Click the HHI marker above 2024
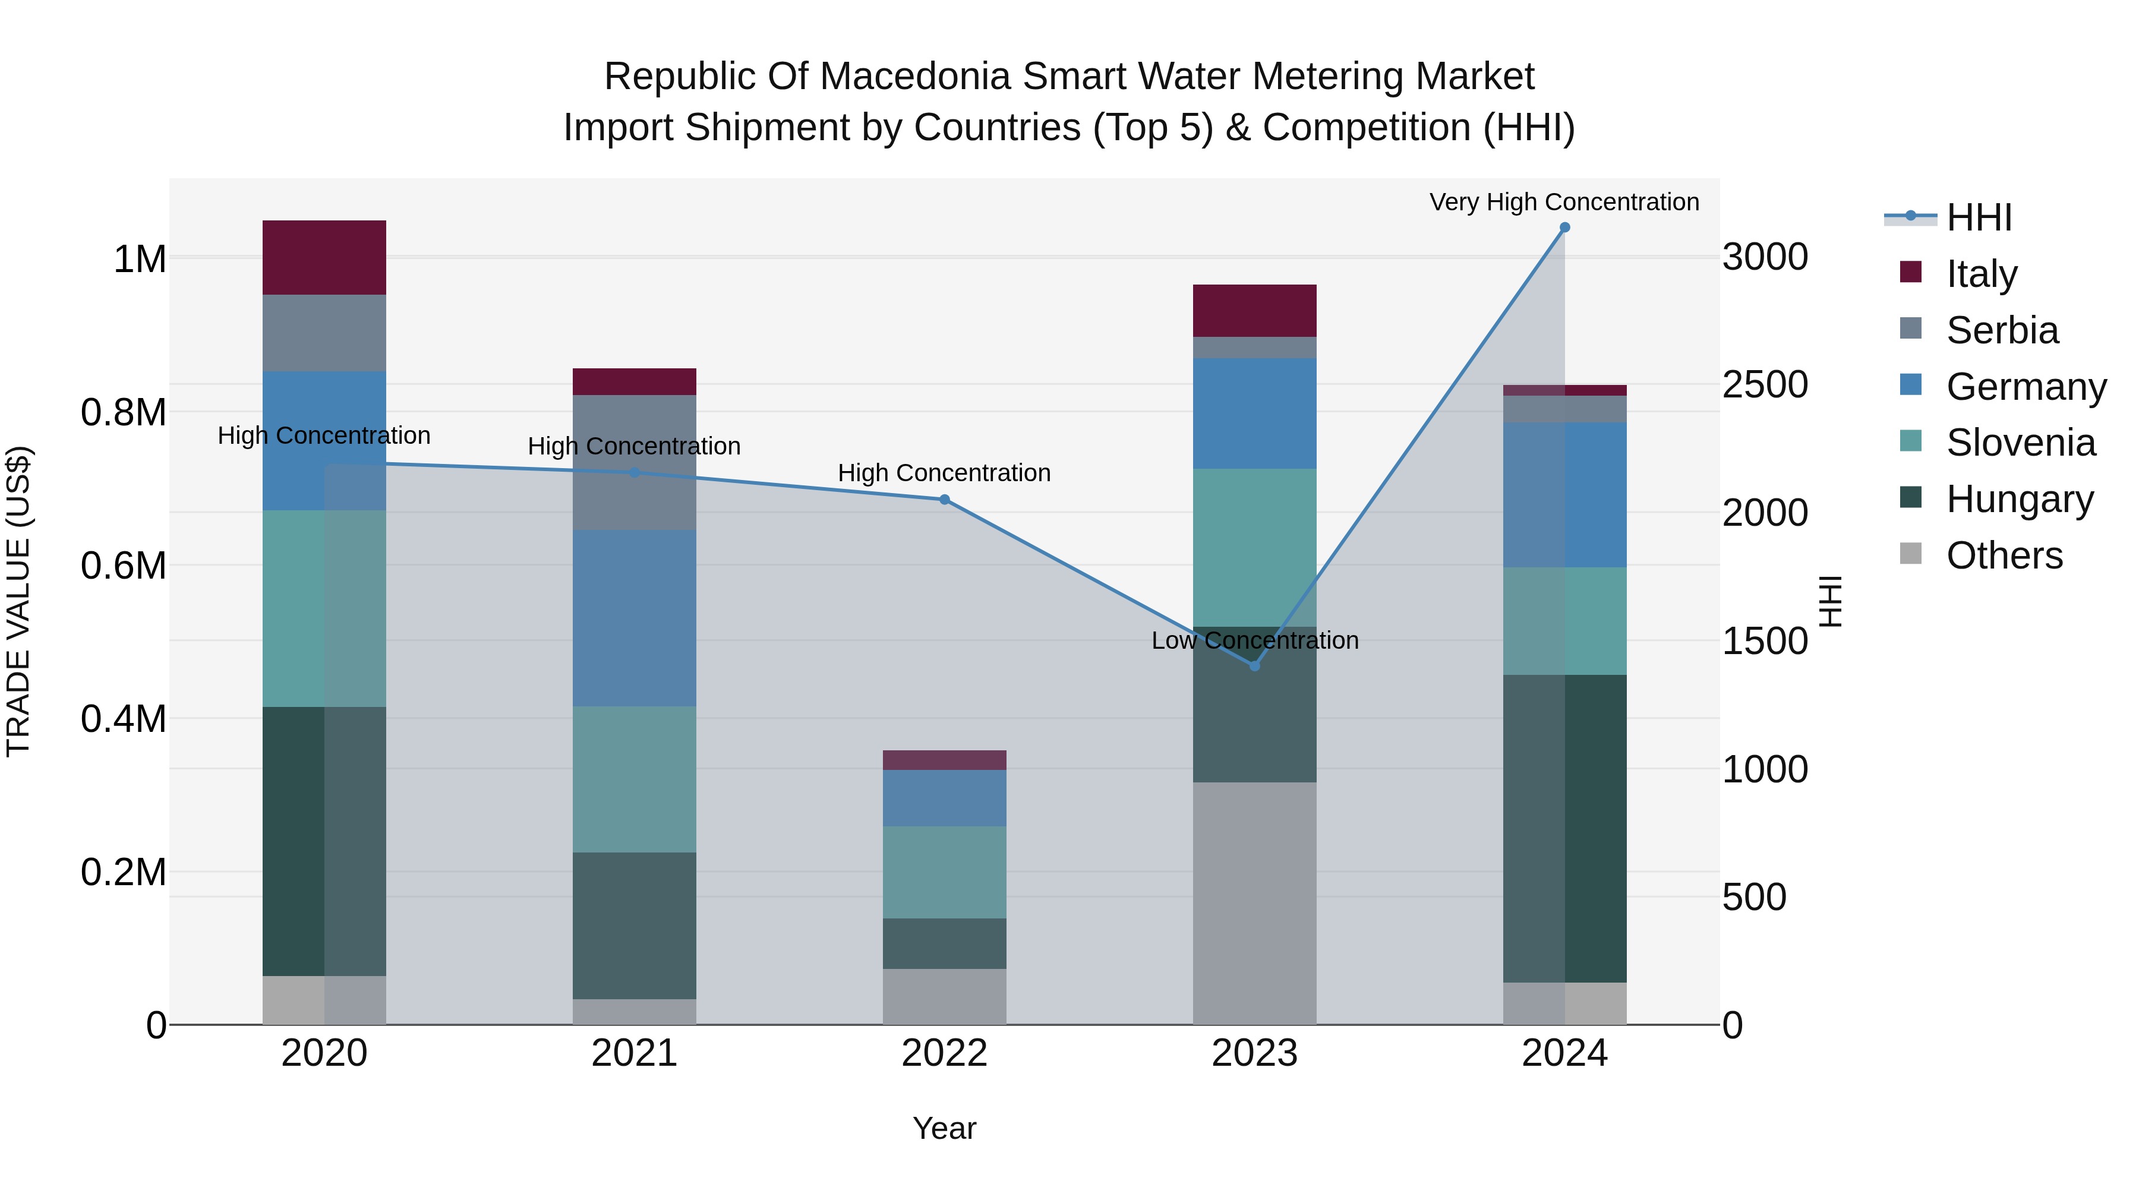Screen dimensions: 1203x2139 (1564, 228)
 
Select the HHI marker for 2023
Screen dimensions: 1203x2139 (1255, 666)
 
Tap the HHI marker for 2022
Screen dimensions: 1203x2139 (944, 500)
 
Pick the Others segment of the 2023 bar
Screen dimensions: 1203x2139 (1255, 902)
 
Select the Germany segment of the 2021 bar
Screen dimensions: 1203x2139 (635, 618)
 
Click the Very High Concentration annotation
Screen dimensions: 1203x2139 (1564, 202)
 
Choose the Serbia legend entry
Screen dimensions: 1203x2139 (2001, 330)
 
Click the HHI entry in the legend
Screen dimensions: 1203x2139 (1978, 217)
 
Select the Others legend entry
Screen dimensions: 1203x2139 (2003, 555)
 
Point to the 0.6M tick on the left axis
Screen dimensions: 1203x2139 (123, 566)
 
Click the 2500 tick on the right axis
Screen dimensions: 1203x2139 (1765, 384)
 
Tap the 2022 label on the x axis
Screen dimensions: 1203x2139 (944, 1053)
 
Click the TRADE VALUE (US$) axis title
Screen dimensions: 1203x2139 (18, 601)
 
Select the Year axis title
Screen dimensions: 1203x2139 (944, 1128)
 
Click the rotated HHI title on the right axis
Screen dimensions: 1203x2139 (1829, 601)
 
